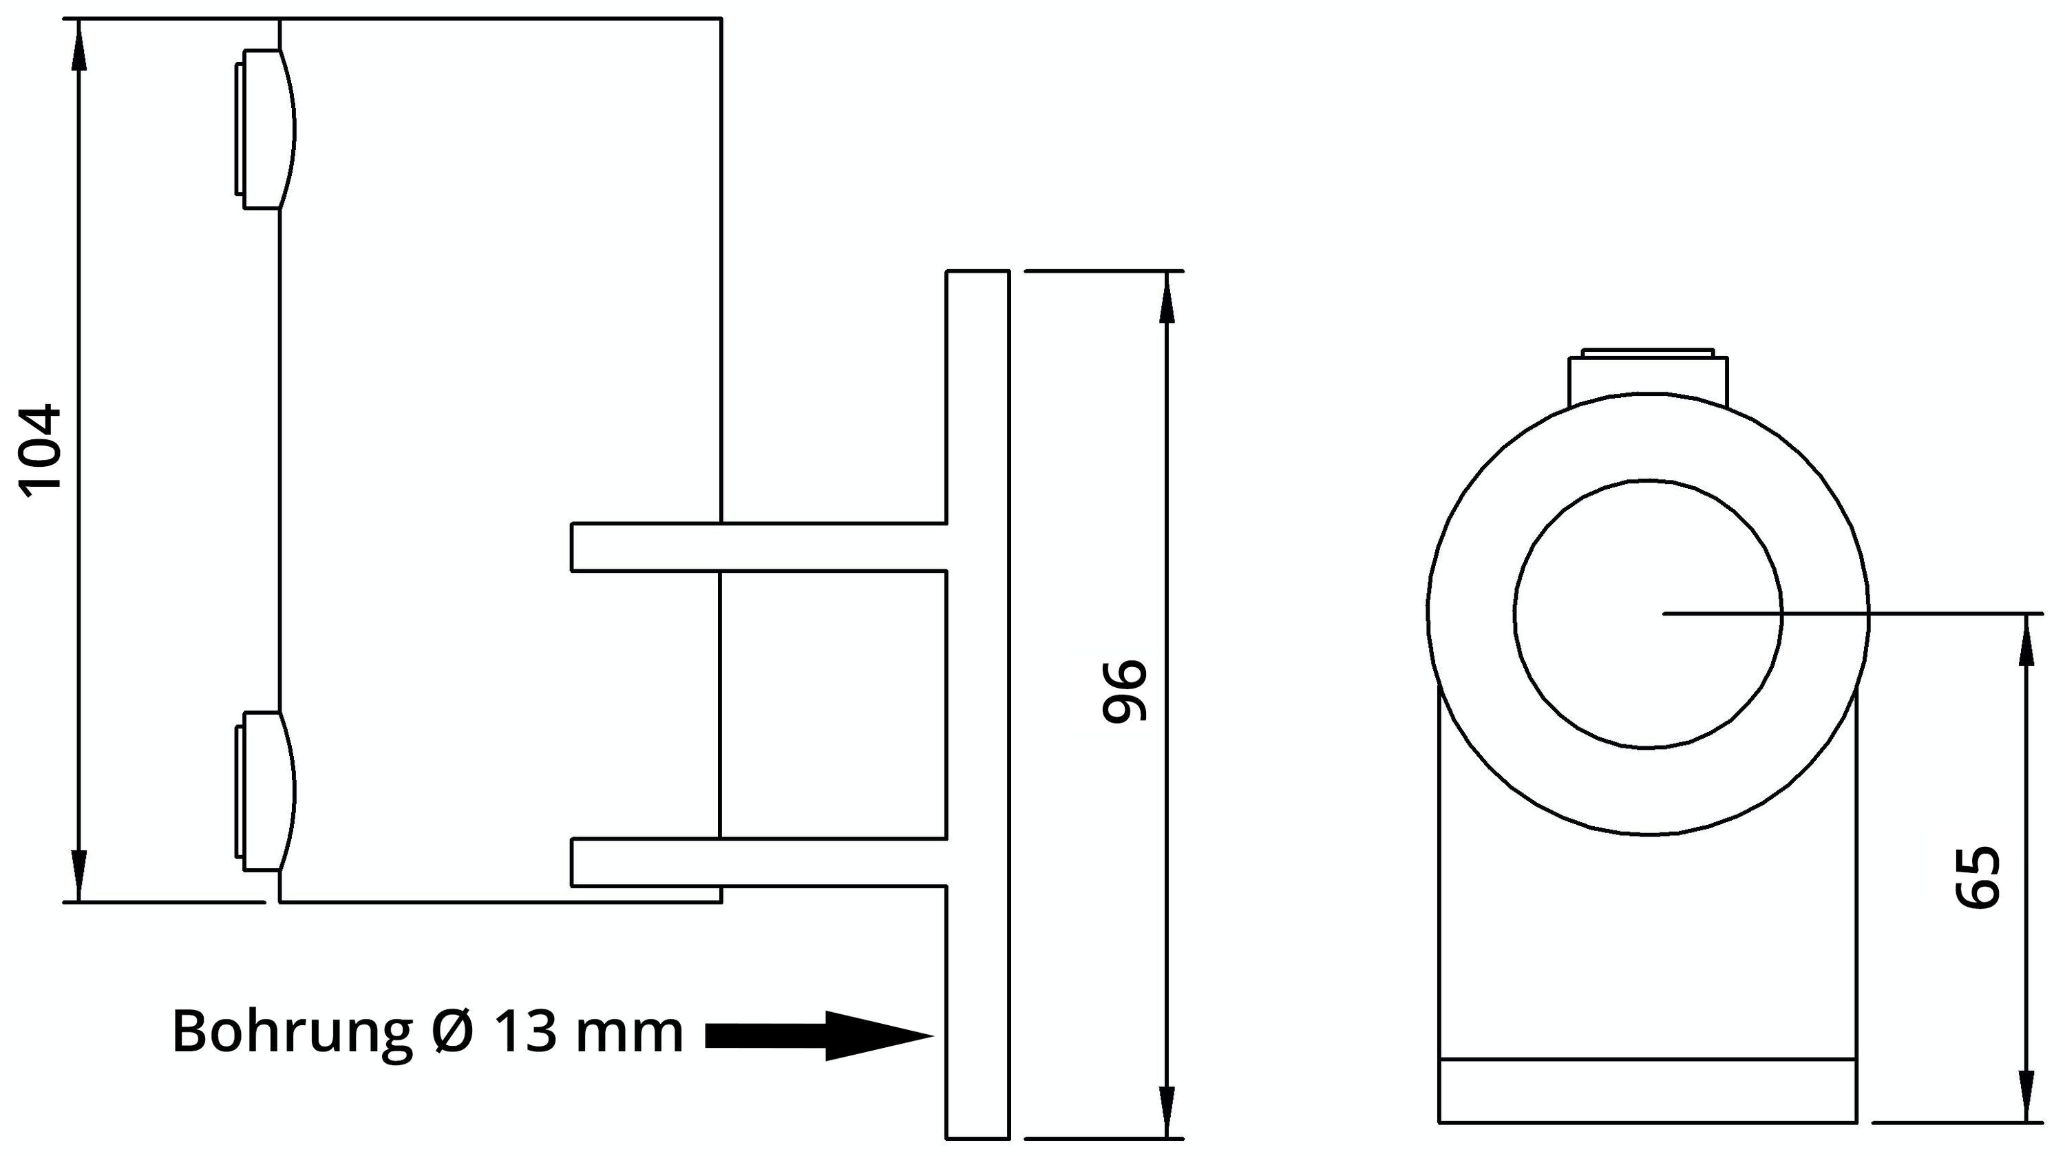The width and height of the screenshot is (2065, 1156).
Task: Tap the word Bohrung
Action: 292,1033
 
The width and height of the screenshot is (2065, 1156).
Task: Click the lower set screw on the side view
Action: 265,790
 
